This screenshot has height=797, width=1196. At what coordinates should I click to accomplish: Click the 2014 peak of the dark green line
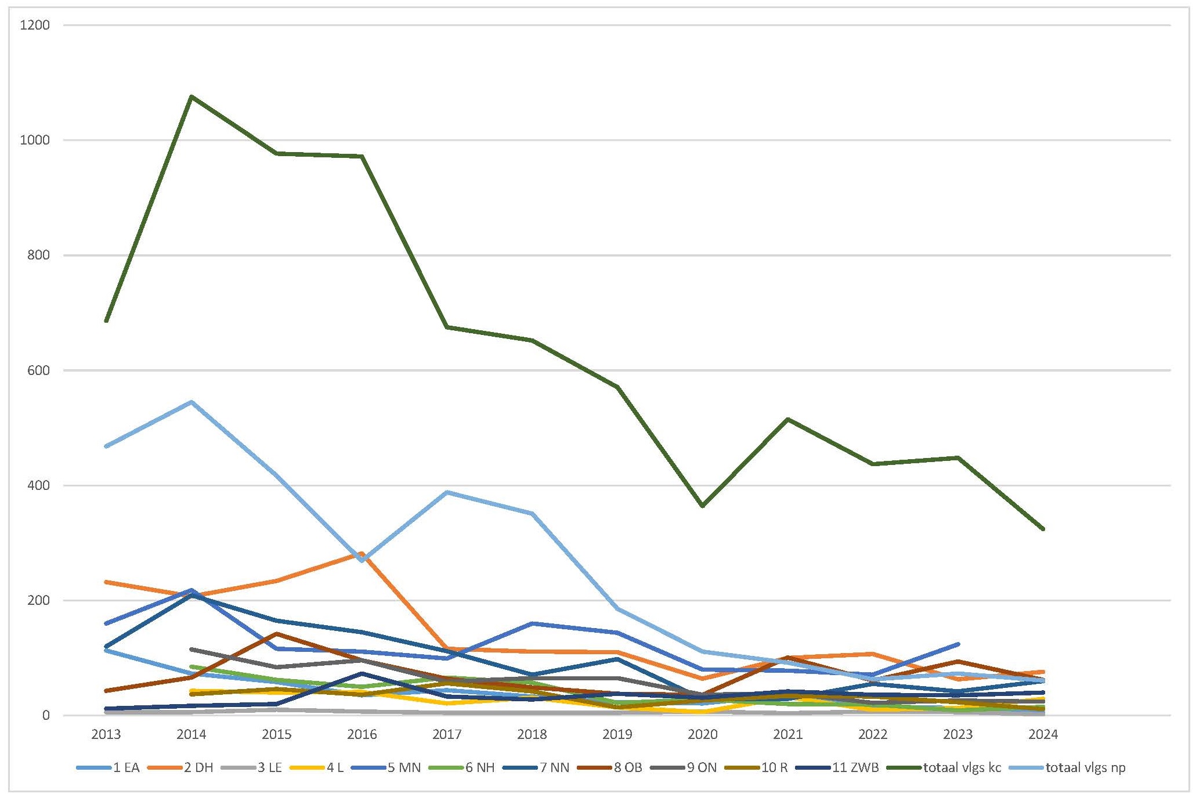click(191, 96)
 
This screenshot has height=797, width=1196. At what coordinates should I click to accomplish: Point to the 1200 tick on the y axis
click(35, 25)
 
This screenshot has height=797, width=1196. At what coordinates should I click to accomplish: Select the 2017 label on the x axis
click(447, 735)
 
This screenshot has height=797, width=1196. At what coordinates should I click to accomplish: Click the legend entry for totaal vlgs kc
click(962, 768)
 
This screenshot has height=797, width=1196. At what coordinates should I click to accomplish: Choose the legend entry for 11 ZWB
click(855, 768)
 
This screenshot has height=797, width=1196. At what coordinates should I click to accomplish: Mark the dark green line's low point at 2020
click(703, 506)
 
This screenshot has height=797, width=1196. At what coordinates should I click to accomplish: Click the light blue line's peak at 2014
click(191, 402)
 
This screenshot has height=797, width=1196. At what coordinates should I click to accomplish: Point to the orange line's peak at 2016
click(362, 554)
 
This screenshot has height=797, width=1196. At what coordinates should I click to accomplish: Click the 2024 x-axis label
click(1043, 735)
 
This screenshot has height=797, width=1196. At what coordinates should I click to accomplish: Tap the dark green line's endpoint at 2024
click(1043, 529)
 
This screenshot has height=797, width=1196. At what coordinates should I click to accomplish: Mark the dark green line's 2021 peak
click(787, 419)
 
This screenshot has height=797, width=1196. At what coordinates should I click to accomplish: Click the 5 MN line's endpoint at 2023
click(958, 644)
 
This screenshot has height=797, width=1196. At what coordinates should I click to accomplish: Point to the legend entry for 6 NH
click(480, 768)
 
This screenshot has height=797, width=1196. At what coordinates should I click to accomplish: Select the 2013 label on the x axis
click(106, 735)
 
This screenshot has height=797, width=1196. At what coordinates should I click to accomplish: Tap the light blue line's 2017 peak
click(447, 492)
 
